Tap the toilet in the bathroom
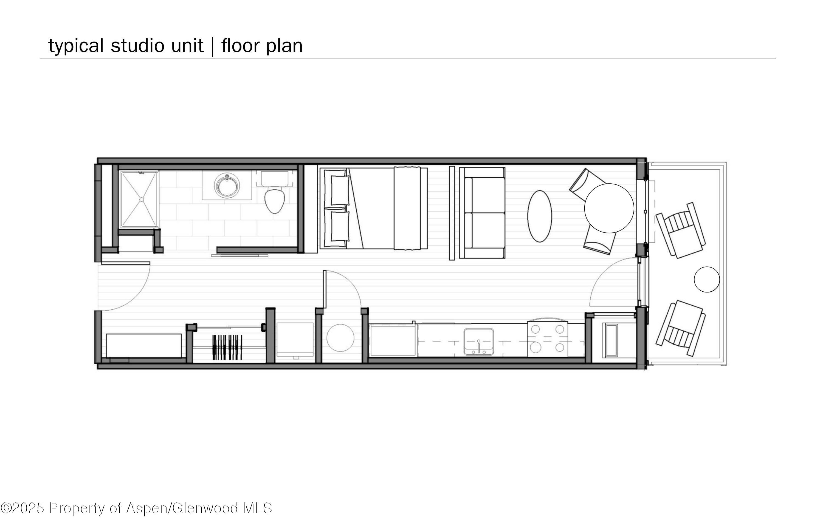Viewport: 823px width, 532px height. point(274,200)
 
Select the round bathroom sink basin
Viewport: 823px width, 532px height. point(227,186)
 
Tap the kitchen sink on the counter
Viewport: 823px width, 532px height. point(479,341)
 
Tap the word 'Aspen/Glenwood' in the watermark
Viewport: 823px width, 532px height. point(182,508)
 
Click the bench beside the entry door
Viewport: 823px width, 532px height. point(143,345)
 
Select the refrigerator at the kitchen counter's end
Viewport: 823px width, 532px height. point(393,340)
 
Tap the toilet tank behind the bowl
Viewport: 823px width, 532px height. point(274,179)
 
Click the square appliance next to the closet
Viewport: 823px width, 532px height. point(295,339)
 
